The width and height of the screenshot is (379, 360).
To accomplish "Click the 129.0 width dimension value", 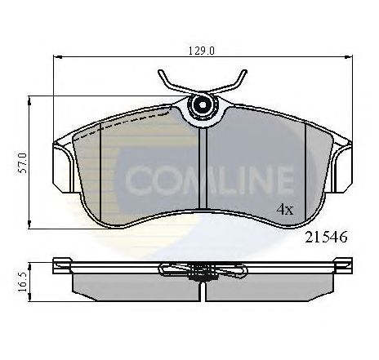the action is pyautogui.click(x=202, y=51).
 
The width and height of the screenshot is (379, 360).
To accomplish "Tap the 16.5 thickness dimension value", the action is pyautogui.click(x=24, y=282).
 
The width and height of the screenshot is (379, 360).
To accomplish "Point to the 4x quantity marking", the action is pyautogui.click(x=285, y=210).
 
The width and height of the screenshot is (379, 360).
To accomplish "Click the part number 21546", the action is pyautogui.click(x=326, y=237).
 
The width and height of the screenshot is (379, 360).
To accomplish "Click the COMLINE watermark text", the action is pyautogui.click(x=209, y=180).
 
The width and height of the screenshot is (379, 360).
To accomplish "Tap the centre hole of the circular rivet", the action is pyautogui.click(x=203, y=104).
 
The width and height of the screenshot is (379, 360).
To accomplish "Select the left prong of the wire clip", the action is pyautogui.click(x=172, y=81).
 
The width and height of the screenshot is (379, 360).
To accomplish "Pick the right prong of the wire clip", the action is pyautogui.click(x=232, y=81).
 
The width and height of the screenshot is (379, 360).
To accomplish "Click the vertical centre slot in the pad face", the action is pyautogui.click(x=203, y=168).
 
